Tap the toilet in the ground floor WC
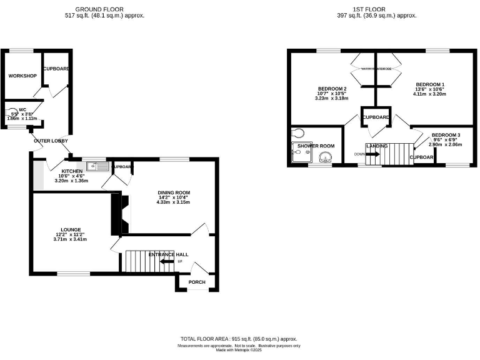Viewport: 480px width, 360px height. (9, 114)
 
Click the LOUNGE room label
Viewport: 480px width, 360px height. (71, 229)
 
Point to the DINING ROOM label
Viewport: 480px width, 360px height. (174, 192)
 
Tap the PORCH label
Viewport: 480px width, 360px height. (197, 282)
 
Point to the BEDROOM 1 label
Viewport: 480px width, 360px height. (431, 84)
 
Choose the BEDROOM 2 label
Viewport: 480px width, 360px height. (332, 89)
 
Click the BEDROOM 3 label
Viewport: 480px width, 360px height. (446, 135)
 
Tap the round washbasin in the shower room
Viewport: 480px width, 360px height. (326, 156)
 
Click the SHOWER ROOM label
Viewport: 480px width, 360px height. (316, 146)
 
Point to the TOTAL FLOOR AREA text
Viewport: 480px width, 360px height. (239, 338)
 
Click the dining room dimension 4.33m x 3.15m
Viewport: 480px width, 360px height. (174, 202)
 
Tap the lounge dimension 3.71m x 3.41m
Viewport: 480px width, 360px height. (71, 239)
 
